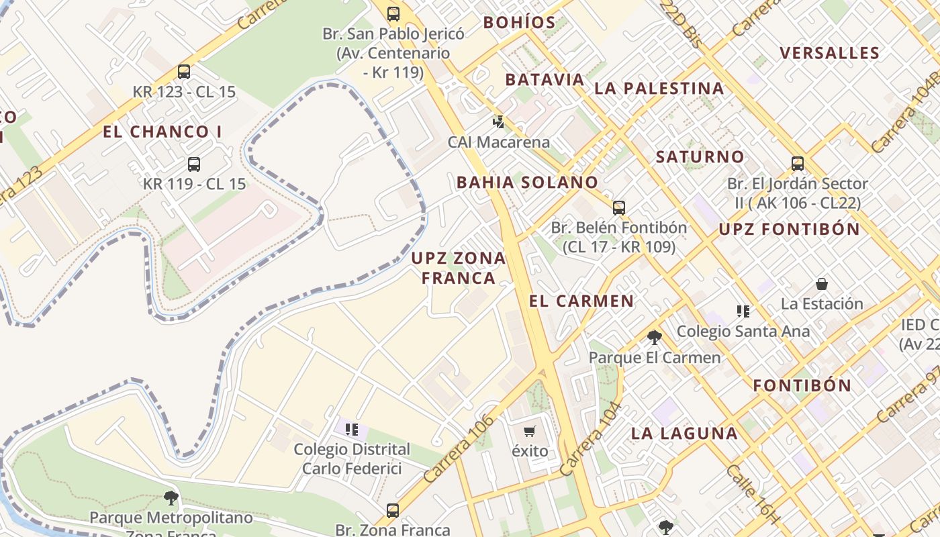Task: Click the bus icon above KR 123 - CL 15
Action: [x=183, y=71]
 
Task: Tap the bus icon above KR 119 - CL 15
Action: [x=194, y=164]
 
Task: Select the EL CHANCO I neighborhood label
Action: [x=162, y=132]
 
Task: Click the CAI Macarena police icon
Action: [x=498, y=122]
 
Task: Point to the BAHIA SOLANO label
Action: [x=527, y=182]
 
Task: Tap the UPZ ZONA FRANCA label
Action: [x=459, y=268]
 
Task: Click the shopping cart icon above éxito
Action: [x=530, y=431]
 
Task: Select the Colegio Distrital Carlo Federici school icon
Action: [x=352, y=429]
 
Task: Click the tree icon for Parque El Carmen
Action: [x=655, y=337]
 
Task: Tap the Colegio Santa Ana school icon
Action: [x=743, y=311]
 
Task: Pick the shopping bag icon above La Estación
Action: [x=821, y=284]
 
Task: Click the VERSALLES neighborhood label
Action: [x=829, y=53]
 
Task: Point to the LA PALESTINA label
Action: [x=659, y=88]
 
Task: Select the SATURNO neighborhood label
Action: [x=700, y=157]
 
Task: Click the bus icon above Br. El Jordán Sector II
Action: [x=797, y=163]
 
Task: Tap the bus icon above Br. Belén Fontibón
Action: [x=618, y=207]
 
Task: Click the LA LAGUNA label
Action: [x=684, y=433]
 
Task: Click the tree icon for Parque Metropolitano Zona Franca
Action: [x=171, y=497]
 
